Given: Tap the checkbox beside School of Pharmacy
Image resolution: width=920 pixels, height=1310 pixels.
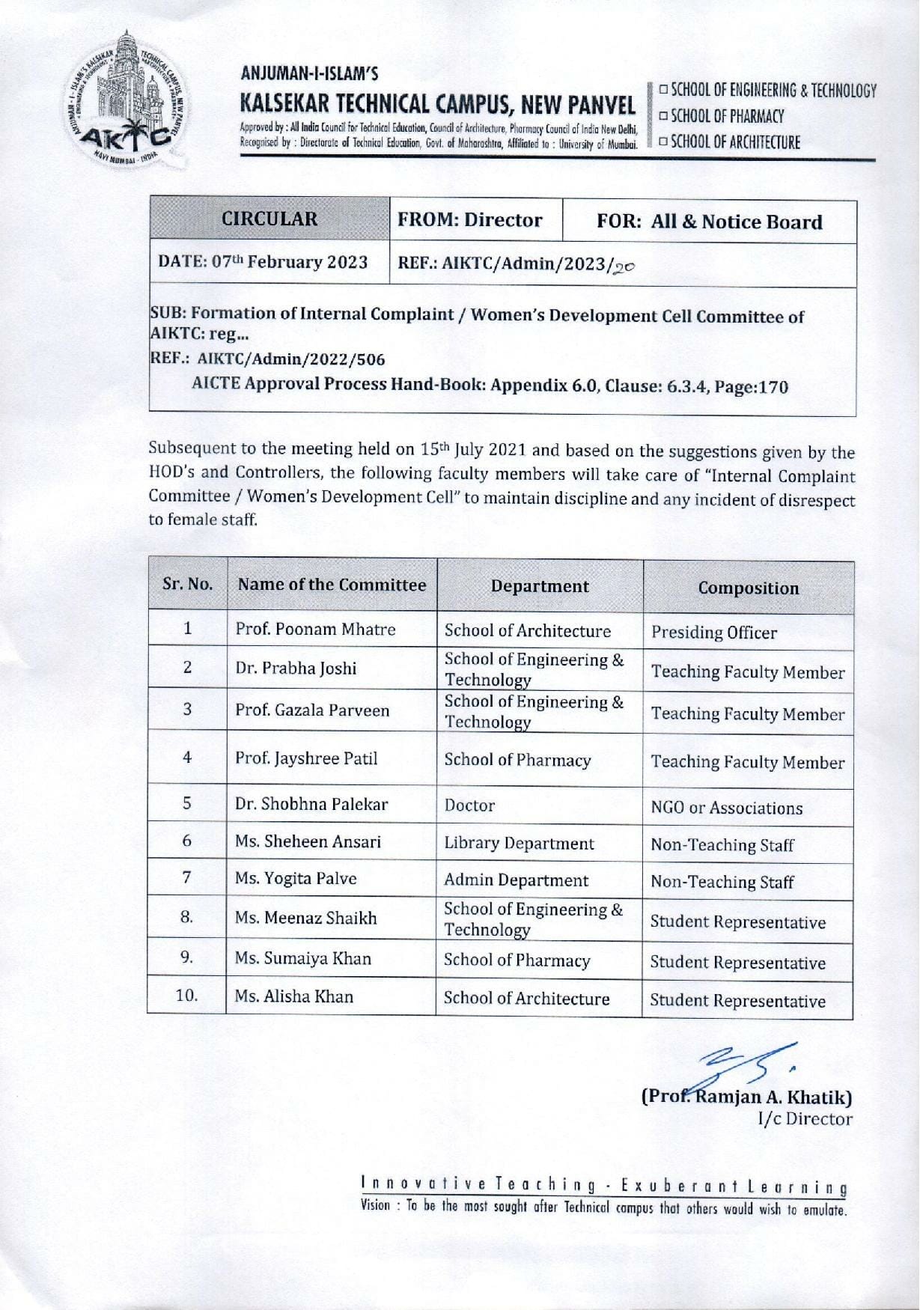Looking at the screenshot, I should [664, 116].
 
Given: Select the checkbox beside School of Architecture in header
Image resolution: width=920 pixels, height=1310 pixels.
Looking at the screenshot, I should [664, 142].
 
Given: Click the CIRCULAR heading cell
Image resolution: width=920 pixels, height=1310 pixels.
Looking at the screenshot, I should [269, 219].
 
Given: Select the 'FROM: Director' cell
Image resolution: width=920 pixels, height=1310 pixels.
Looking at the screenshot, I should [470, 220].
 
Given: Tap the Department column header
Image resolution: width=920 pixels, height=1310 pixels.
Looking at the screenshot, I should [540, 586].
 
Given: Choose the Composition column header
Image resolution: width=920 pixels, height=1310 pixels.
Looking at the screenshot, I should [748, 588].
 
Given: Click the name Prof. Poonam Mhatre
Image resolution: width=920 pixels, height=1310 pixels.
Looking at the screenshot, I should [315, 630].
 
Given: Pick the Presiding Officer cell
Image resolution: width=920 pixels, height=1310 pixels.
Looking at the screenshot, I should [713, 633].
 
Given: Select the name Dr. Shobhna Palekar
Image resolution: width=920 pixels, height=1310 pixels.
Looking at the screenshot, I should [311, 804].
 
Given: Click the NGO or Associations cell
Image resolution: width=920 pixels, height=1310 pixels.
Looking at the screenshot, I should [726, 808].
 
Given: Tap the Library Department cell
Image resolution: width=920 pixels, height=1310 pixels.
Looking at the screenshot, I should [519, 843].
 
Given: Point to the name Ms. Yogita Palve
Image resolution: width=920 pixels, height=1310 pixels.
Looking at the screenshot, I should [296, 878].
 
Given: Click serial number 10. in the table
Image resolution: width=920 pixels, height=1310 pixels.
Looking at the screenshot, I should [186, 996].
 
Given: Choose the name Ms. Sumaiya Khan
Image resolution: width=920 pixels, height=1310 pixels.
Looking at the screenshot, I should [302, 958].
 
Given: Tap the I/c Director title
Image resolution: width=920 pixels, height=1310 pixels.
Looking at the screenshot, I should [805, 1119].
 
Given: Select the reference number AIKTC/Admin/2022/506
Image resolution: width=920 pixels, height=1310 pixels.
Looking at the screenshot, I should [291, 359].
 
